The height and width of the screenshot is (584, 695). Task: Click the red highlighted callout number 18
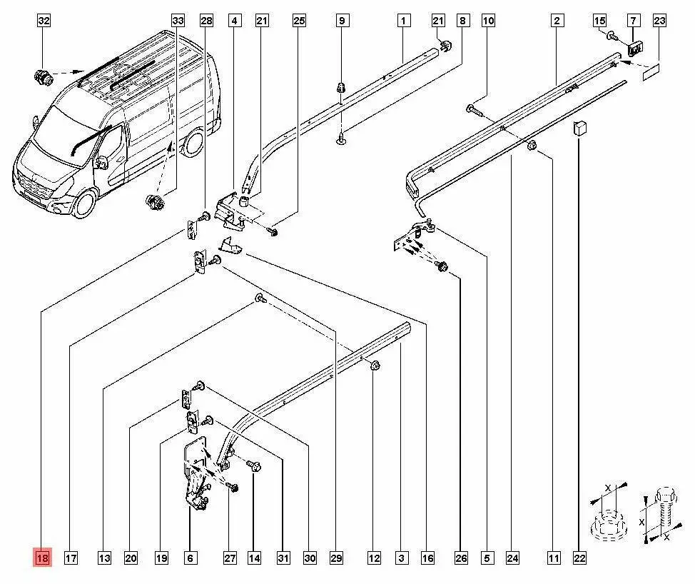[42, 558]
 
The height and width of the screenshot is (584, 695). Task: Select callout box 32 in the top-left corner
[44, 21]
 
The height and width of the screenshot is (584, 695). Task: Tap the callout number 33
[178, 21]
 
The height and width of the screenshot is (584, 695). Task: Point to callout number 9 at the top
[342, 21]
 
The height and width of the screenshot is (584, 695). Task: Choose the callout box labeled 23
[659, 21]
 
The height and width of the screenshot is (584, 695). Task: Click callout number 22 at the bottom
[579, 558]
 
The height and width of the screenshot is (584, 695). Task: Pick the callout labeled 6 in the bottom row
[190, 558]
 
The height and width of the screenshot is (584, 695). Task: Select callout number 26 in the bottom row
[461, 558]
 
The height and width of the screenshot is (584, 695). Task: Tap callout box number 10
[488, 21]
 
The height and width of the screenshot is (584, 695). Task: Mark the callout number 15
[599, 21]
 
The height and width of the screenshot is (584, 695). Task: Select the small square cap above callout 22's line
[579, 130]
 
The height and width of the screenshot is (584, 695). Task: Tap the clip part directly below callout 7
[634, 50]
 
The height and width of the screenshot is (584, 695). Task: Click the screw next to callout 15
[613, 35]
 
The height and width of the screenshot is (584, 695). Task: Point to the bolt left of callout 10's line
[474, 109]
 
